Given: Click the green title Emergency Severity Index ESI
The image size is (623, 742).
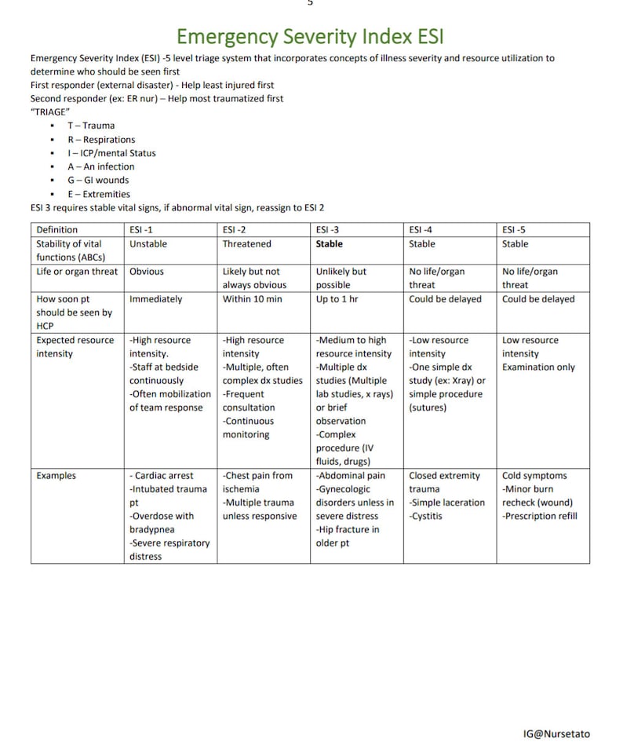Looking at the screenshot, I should (x=311, y=36).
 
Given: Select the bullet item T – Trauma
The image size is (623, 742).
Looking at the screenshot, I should (x=90, y=126).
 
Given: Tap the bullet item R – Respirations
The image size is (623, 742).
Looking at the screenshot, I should (x=100, y=140).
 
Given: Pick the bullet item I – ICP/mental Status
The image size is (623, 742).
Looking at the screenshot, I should (x=111, y=153).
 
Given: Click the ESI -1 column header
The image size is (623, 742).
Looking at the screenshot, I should (x=142, y=230).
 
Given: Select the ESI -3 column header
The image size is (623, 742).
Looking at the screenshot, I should (x=327, y=230).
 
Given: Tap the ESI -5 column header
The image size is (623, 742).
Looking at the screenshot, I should (x=514, y=230).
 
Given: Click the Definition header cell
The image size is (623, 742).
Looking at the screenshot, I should (x=56, y=230).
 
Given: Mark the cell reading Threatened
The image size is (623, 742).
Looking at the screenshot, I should (x=246, y=244).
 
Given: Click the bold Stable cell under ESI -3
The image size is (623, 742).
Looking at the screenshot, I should (x=330, y=244).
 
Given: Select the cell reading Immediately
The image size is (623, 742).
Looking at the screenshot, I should (x=155, y=299).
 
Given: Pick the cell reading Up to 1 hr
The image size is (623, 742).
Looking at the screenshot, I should (x=338, y=299).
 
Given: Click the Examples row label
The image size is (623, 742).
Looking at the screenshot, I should (x=56, y=476).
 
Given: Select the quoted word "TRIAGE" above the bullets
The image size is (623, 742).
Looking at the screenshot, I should (x=49, y=112).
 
